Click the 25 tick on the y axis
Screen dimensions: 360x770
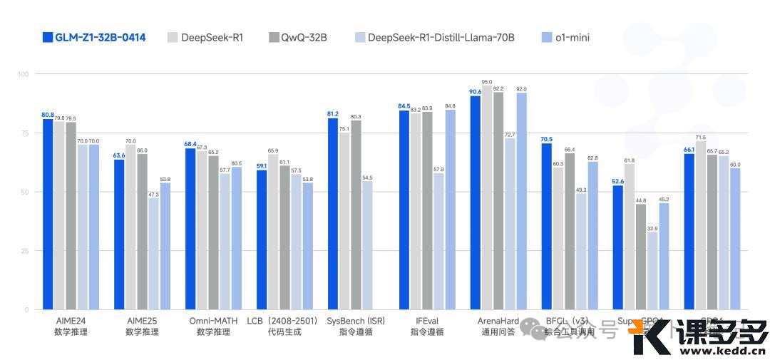(x=24, y=251)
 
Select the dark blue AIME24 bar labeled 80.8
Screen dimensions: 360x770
(x=48, y=214)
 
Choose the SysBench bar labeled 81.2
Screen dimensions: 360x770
(x=333, y=214)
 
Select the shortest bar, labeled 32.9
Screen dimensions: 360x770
(x=652, y=271)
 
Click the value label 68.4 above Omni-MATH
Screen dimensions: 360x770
(x=190, y=144)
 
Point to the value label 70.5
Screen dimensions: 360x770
(x=546, y=139)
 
